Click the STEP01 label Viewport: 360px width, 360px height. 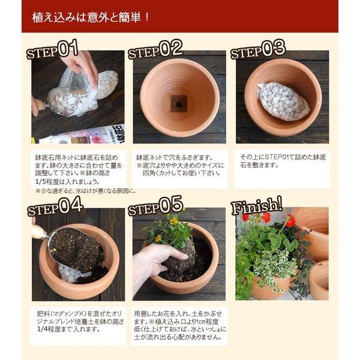point(52,49)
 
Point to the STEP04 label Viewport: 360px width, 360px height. point(55,207)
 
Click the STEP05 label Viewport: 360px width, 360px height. point(155,207)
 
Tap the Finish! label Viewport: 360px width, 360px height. point(257,205)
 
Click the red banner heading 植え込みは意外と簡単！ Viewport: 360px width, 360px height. point(91,17)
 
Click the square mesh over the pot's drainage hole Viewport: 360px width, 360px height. point(178,103)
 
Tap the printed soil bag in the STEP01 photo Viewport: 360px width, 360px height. point(90,135)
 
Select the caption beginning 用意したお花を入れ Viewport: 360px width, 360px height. point(178,324)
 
